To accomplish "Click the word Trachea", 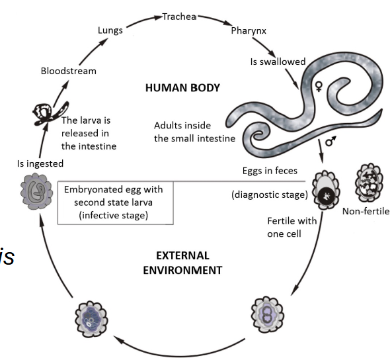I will tap(180, 17).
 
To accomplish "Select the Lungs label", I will tap(110, 30).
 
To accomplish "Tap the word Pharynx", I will tap(248, 30).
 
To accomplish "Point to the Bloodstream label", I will tap(68, 70).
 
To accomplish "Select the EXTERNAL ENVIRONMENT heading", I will tap(183, 262).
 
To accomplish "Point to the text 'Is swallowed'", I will tap(277, 62).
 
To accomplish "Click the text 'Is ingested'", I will tap(40, 162).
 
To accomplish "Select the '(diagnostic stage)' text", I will tap(269, 195).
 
